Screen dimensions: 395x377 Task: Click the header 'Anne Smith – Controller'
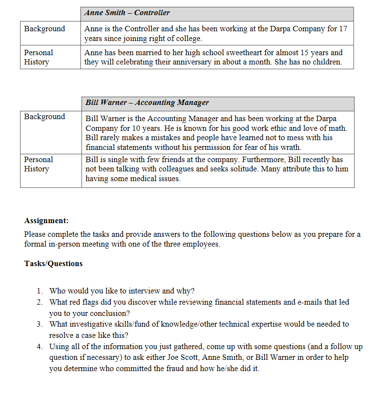point(127,13)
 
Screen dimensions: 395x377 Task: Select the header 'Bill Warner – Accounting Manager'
point(147,103)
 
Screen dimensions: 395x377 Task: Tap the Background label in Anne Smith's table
point(44,29)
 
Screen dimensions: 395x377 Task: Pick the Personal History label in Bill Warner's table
point(39,164)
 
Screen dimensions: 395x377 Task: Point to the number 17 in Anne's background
point(343,29)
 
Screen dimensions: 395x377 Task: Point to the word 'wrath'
point(290,147)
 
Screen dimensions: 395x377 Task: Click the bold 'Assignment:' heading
point(46,221)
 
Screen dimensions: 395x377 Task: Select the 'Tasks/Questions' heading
point(53,264)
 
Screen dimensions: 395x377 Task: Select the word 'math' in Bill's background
point(339,128)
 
